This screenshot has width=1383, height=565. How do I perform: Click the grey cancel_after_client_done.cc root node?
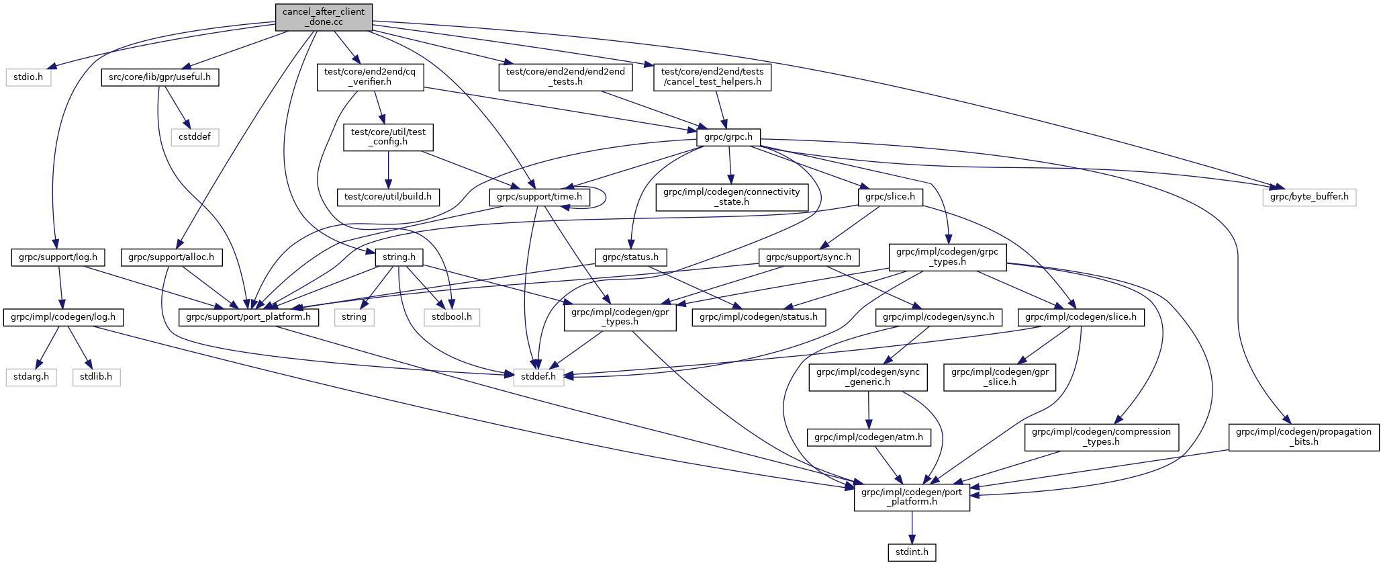(324, 17)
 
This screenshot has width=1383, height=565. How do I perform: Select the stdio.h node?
(28, 77)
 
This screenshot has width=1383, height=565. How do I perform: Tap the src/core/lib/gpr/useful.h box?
(160, 77)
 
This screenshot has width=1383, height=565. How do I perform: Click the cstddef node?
(195, 137)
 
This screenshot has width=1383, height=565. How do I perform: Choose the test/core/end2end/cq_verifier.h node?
(371, 77)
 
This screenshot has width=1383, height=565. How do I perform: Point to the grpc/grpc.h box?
(728, 137)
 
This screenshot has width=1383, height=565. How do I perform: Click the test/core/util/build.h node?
(388, 197)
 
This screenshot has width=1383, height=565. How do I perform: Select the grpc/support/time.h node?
(540, 197)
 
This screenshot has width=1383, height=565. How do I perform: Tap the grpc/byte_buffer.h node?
(1309, 197)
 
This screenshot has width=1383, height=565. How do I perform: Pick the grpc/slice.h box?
(890, 197)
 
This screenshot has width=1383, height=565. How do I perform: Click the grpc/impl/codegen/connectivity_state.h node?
(732, 197)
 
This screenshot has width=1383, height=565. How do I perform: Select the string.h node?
(399, 257)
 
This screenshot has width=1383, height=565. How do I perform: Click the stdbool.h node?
(452, 316)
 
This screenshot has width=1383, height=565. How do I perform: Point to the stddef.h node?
(539, 376)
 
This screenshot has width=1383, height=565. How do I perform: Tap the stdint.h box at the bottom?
(912, 552)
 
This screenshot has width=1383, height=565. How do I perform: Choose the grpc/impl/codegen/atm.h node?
(869, 437)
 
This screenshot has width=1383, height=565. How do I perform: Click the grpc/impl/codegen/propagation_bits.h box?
(1304, 437)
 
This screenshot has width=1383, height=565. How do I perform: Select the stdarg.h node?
(32, 376)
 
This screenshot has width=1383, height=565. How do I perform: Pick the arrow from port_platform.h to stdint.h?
(912, 527)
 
